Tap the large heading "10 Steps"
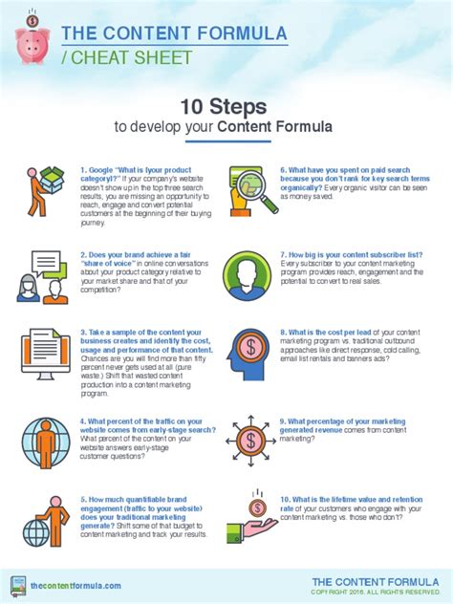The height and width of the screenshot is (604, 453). click(226, 105)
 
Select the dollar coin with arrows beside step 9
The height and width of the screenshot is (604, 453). click(250, 439)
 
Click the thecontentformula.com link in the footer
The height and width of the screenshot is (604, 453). click(75, 585)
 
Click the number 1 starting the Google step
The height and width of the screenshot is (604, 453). click(83, 169)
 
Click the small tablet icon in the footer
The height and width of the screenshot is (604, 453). click(17, 585)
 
